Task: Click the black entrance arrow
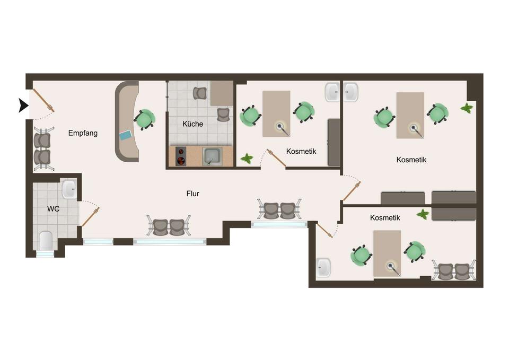23,106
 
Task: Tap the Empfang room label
83,133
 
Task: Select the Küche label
193,124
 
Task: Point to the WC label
53,209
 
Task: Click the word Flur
193,194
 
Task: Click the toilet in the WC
46,241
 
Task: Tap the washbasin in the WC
69,190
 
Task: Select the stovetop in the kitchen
181,156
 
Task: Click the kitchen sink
212,156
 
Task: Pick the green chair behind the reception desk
144,119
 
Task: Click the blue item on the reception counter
126,135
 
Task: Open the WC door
91,216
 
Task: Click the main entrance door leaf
43,100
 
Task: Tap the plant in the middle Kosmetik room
247,159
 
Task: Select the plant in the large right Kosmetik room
467,108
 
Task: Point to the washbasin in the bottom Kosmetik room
323,268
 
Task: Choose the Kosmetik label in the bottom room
385,217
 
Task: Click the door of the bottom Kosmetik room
324,231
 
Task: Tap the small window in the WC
45,254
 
